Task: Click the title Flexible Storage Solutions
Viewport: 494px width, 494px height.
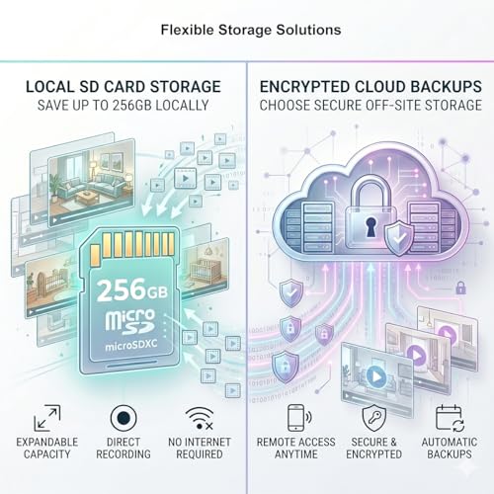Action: pos(251,30)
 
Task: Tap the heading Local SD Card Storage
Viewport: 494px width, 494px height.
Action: pos(123,87)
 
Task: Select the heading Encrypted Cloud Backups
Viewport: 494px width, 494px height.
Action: pos(370,87)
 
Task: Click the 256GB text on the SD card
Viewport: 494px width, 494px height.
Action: pos(132,289)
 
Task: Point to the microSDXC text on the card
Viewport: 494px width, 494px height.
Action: pos(131,346)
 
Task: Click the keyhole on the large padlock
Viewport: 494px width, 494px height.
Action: pos(370,227)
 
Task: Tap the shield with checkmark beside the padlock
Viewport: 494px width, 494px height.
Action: pos(399,238)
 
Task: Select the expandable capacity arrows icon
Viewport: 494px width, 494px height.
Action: pos(47,418)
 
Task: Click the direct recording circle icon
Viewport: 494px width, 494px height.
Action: pos(123,418)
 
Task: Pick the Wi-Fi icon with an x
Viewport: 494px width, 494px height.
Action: pos(200,419)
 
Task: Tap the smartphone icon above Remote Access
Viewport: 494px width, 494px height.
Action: pos(296,418)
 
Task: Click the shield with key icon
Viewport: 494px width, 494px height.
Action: pos(373,418)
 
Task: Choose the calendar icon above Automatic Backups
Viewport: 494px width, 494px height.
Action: pos(450,418)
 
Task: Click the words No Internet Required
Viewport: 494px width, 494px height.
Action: pos(200,448)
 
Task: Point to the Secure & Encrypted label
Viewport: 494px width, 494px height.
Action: pos(373,448)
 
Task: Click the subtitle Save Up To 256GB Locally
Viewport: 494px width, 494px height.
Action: pos(123,106)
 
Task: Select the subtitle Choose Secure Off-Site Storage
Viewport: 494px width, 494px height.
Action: pos(370,106)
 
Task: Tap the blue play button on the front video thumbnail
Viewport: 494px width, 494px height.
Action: pos(375,376)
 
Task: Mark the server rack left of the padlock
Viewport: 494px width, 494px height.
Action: pos(317,228)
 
